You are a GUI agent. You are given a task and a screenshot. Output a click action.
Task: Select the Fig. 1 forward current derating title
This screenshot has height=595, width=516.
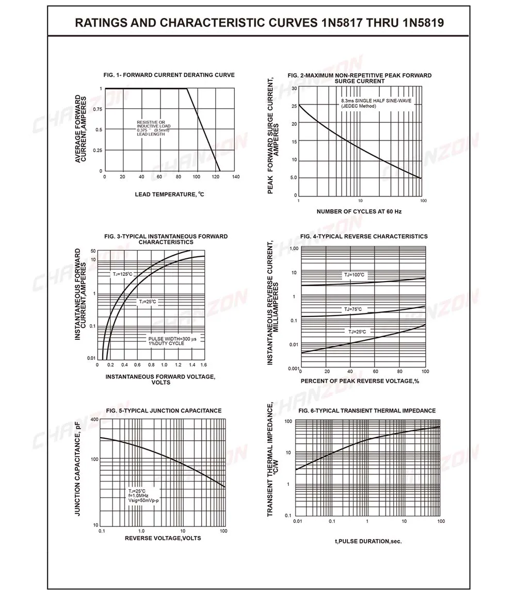(169, 75)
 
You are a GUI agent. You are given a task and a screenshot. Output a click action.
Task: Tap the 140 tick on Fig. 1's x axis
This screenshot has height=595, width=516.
(236, 177)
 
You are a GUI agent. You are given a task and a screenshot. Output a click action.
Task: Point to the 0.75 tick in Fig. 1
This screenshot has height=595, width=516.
(98, 109)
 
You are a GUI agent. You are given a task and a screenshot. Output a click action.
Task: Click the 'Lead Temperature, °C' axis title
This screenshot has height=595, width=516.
(169, 194)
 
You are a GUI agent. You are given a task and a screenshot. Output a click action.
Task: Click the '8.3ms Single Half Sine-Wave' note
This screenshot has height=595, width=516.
(376, 101)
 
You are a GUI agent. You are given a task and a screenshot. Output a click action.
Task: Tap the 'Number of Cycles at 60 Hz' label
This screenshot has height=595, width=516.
(359, 211)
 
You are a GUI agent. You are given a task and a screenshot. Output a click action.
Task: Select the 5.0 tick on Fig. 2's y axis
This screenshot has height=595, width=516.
(293, 178)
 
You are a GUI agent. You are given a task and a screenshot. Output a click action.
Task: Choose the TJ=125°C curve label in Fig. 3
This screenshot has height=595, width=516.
(123, 274)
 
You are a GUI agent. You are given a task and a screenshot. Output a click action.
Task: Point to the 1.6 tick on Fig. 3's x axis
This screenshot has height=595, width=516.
(203, 365)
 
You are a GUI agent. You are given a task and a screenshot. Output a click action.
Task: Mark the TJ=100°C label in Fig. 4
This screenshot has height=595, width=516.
(354, 275)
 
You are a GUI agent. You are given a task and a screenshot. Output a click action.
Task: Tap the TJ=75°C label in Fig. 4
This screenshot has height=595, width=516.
(353, 309)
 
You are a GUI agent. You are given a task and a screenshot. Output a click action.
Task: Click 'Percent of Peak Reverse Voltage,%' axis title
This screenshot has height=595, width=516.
(360, 381)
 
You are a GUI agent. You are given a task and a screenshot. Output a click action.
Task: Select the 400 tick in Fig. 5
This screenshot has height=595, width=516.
(94, 420)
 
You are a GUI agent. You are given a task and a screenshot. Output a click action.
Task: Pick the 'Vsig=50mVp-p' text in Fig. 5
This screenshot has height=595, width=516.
(143, 501)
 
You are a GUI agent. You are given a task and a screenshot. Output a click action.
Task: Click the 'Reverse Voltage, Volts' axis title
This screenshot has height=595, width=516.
(163, 538)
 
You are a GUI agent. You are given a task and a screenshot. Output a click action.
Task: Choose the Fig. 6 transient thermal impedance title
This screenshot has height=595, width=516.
(367, 411)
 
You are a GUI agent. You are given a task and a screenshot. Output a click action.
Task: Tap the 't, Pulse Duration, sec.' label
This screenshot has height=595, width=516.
(368, 541)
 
